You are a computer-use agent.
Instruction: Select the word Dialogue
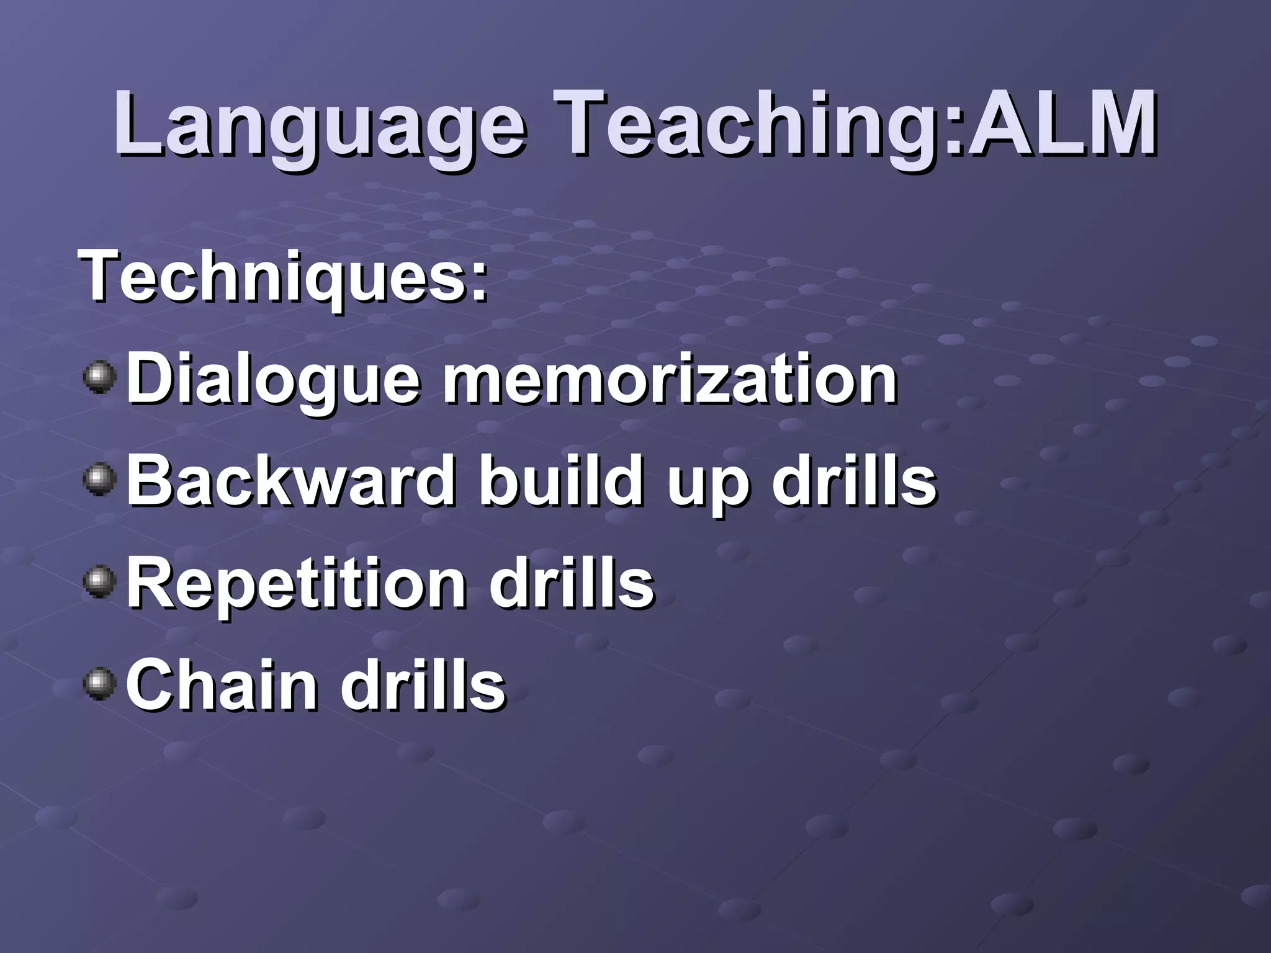point(273,378)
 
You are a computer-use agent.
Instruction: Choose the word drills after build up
point(854,481)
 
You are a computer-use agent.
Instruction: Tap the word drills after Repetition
point(571,583)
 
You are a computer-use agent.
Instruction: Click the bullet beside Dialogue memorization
point(99,378)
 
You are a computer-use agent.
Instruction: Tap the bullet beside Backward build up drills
point(99,481)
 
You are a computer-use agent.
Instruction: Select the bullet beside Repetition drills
point(99,583)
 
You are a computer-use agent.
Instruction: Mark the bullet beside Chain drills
point(99,685)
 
